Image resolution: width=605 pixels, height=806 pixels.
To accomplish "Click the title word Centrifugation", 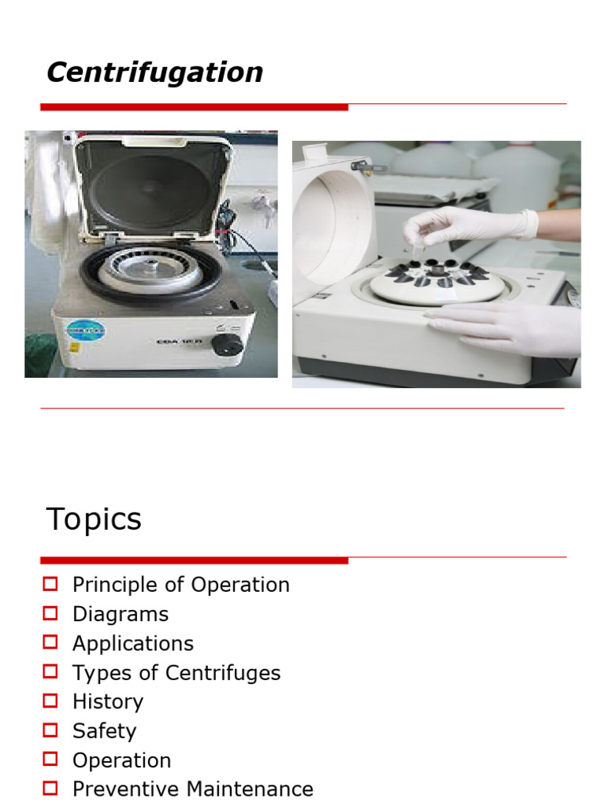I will tap(154, 72).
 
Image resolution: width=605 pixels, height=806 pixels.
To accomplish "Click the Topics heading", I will tap(94, 519).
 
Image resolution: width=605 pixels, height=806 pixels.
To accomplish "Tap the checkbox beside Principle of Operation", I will tap(51, 584).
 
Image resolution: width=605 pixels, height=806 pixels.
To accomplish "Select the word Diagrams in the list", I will tap(121, 614).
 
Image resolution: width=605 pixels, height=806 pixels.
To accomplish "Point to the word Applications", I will tap(132, 643).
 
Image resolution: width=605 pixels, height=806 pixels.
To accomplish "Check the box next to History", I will tap(51, 701).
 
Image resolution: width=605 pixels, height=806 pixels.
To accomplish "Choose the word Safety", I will tap(104, 730).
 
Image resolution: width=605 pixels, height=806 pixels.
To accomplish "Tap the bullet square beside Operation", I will tap(51, 760).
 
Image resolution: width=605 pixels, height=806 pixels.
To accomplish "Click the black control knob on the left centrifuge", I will tap(228, 344).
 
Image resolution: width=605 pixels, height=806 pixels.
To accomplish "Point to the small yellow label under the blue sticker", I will tap(76, 347).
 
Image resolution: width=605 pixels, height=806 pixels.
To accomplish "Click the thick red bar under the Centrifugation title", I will tap(194, 106).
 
